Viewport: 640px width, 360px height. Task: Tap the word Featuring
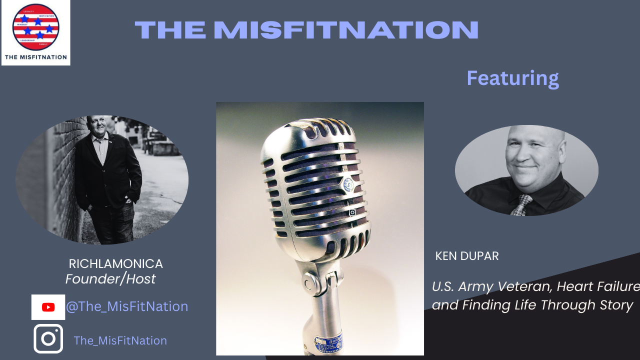coord(512,78)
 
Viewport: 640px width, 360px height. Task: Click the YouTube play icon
coord(48,307)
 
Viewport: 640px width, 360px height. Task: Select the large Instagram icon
coord(48,338)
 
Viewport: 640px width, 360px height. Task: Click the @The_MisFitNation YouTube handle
coord(127,306)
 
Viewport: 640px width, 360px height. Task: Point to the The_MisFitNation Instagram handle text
coord(120,340)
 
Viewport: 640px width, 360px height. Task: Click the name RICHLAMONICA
coord(115,263)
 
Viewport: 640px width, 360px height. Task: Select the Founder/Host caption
coord(110,279)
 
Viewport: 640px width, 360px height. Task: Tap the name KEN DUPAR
coord(466,256)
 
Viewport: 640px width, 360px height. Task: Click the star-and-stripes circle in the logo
coord(36,27)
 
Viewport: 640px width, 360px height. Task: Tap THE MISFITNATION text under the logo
coord(35,57)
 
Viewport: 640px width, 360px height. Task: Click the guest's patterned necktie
coord(521,205)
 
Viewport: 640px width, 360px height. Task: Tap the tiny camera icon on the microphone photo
coord(352,212)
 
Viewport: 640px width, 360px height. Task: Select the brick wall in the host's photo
coord(50,165)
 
